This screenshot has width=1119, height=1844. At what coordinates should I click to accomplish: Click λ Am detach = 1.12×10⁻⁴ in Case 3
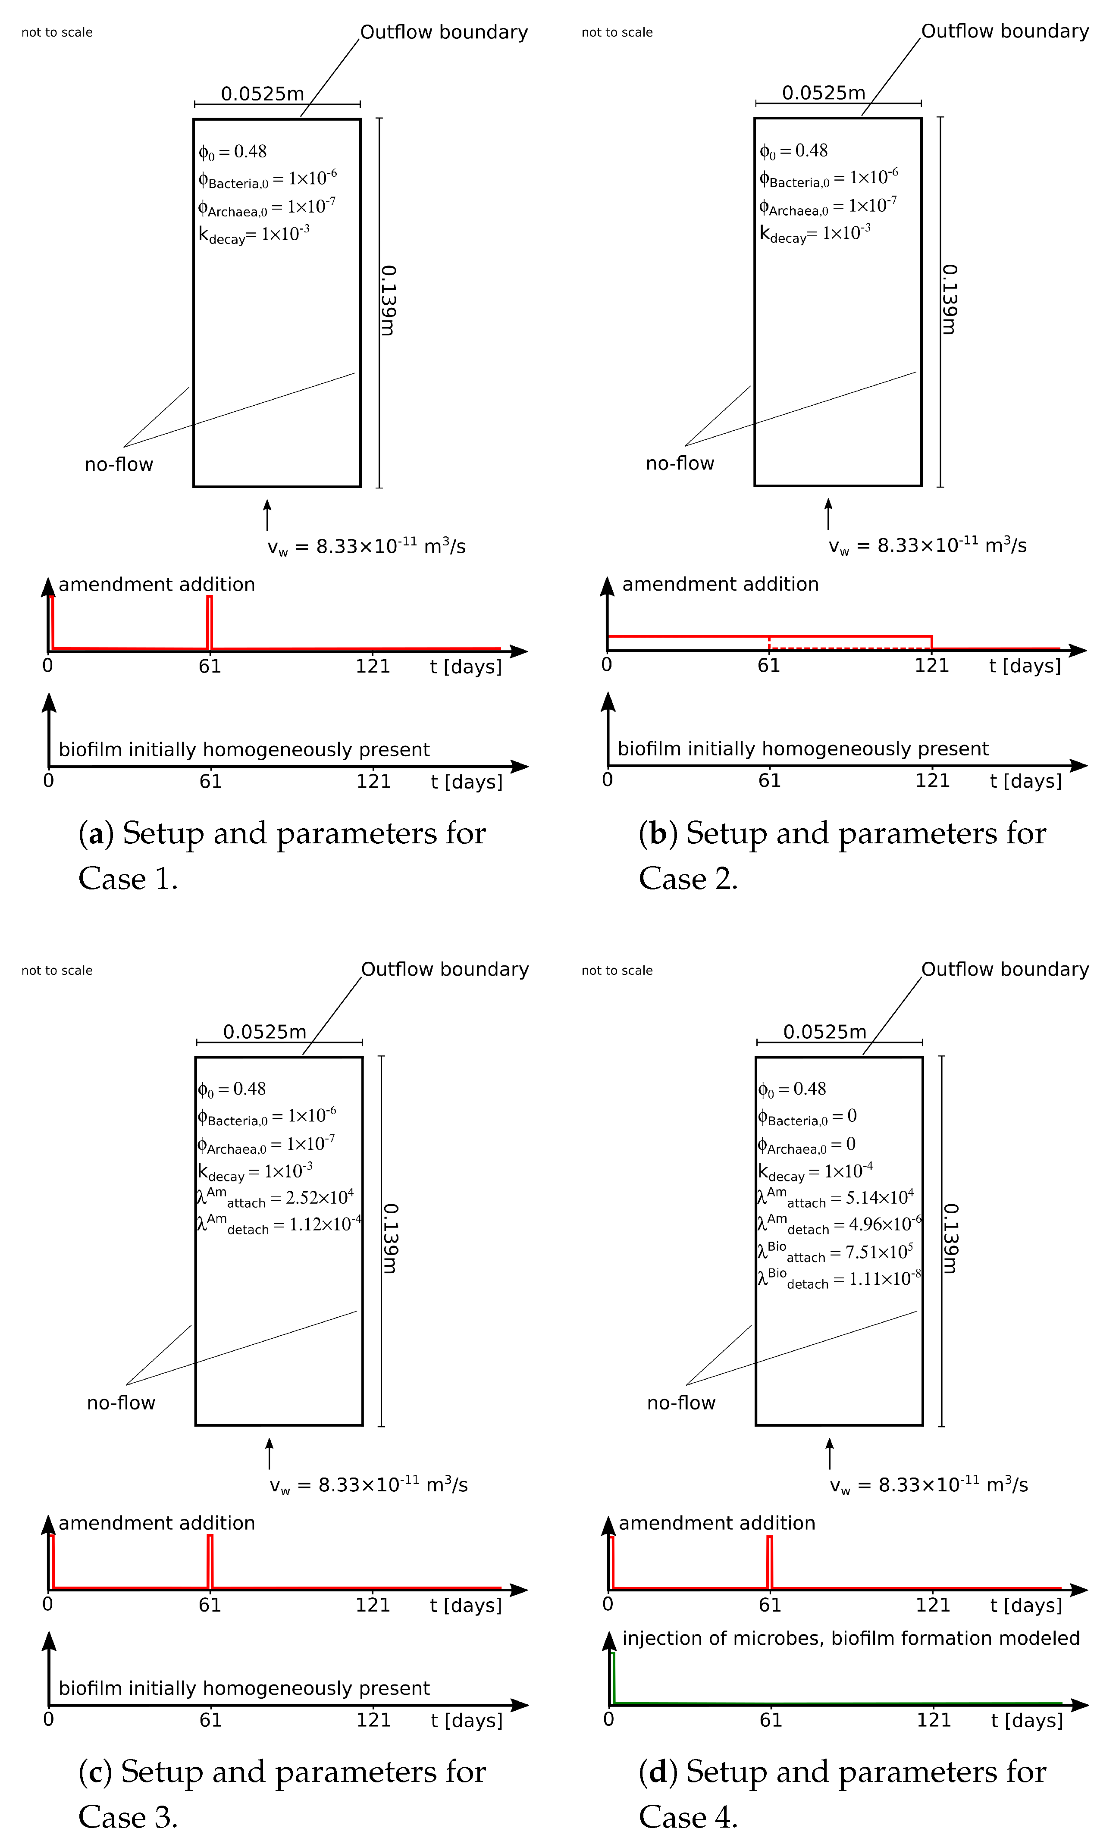pos(279,1224)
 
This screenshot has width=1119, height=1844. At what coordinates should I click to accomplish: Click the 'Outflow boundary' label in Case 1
pos(444,32)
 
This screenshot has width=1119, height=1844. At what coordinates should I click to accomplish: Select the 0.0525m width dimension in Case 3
pos(265,1032)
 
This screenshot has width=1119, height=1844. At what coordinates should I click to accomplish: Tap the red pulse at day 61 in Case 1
pos(210,623)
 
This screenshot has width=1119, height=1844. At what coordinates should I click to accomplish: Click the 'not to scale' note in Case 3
pos(57,971)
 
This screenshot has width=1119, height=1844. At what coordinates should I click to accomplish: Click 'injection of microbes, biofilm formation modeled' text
pos(850,1638)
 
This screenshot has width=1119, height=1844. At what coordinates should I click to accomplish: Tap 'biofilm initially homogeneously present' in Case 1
pos(244,749)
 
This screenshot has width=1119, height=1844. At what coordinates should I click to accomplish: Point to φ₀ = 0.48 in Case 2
pos(793,151)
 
